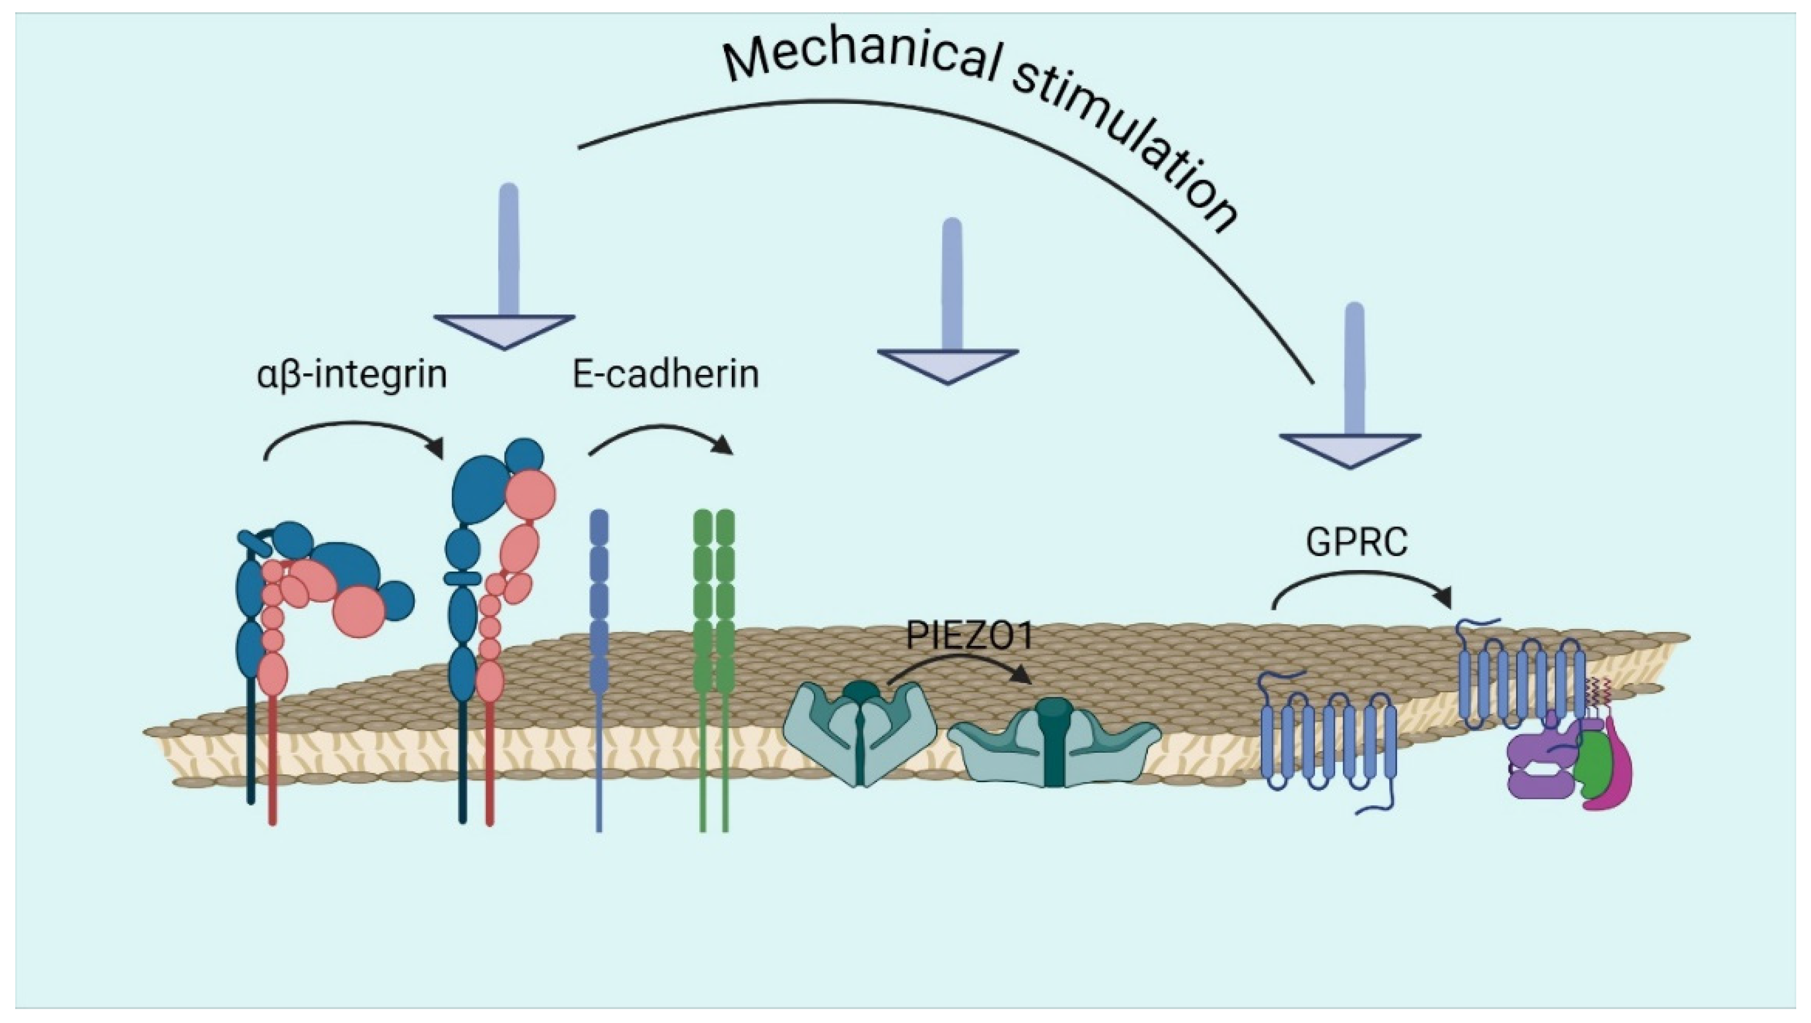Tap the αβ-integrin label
pos(352,374)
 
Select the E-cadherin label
pos(665,374)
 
